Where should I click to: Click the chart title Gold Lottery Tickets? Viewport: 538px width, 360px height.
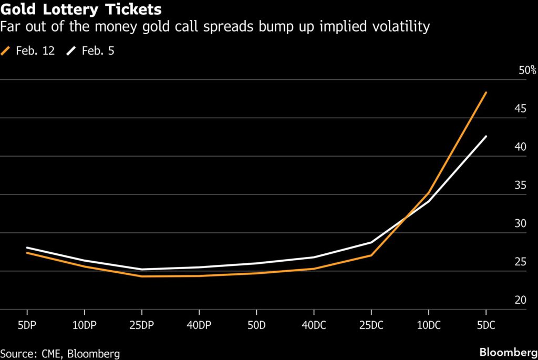tap(81, 9)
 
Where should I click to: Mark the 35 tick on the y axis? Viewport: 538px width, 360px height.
tap(520, 185)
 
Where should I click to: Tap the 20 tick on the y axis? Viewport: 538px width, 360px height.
tap(520, 300)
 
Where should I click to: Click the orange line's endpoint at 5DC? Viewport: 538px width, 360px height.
tap(486, 92)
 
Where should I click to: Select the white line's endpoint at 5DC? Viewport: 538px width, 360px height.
tap(486, 136)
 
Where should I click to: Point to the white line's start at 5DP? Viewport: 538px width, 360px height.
tap(27, 248)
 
